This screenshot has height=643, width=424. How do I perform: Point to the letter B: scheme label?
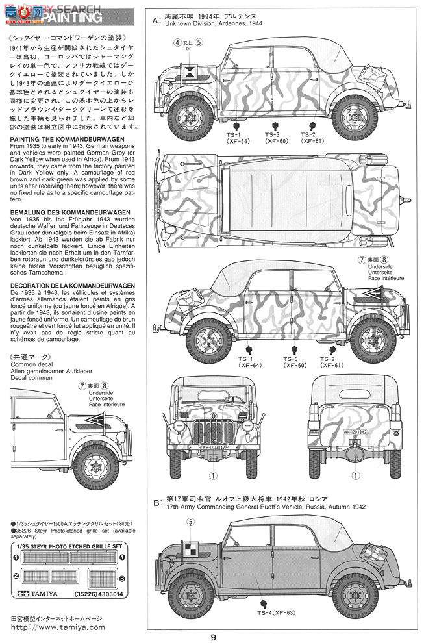[x=156, y=503]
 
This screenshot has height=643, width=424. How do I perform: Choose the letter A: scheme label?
[x=156, y=20]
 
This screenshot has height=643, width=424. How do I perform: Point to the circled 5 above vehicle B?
[x=191, y=522]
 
